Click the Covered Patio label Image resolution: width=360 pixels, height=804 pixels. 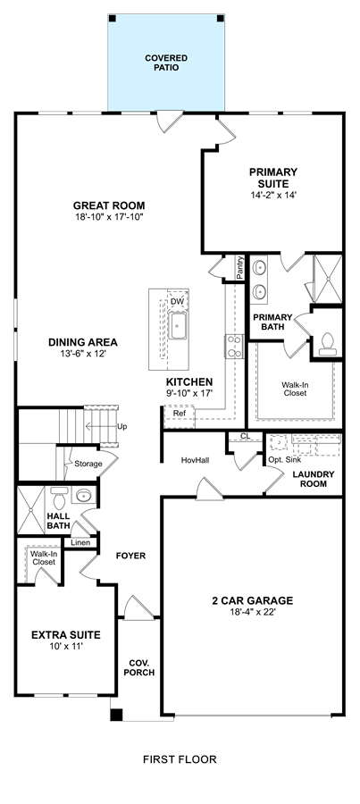(x=165, y=63)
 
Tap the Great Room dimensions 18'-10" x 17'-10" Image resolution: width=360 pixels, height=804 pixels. (x=109, y=217)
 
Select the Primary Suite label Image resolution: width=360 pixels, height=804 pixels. (x=273, y=178)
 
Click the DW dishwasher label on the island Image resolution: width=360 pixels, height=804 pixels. (x=177, y=301)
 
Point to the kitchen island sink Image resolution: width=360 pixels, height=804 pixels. (x=178, y=325)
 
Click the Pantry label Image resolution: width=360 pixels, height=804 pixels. (x=240, y=268)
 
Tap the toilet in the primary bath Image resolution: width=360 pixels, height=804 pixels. (x=327, y=344)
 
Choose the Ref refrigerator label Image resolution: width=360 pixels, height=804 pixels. (x=179, y=413)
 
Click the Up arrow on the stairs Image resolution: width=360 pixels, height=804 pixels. (x=101, y=426)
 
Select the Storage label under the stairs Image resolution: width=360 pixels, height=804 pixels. (x=88, y=464)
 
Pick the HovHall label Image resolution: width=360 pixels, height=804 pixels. (x=195, y=460)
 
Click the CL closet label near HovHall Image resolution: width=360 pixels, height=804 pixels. (x=245, y=436)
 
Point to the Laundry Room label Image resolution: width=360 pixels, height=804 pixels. (x=314, y=479)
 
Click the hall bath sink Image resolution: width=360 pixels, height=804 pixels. (x=84, y=495)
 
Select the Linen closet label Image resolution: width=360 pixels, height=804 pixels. (x=80, y=542)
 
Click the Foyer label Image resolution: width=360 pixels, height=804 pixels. (x=130, y=556)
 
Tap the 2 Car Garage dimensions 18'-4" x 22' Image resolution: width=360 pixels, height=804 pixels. (x=253, y=612)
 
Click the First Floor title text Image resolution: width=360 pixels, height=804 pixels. (x=180, y=759)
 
